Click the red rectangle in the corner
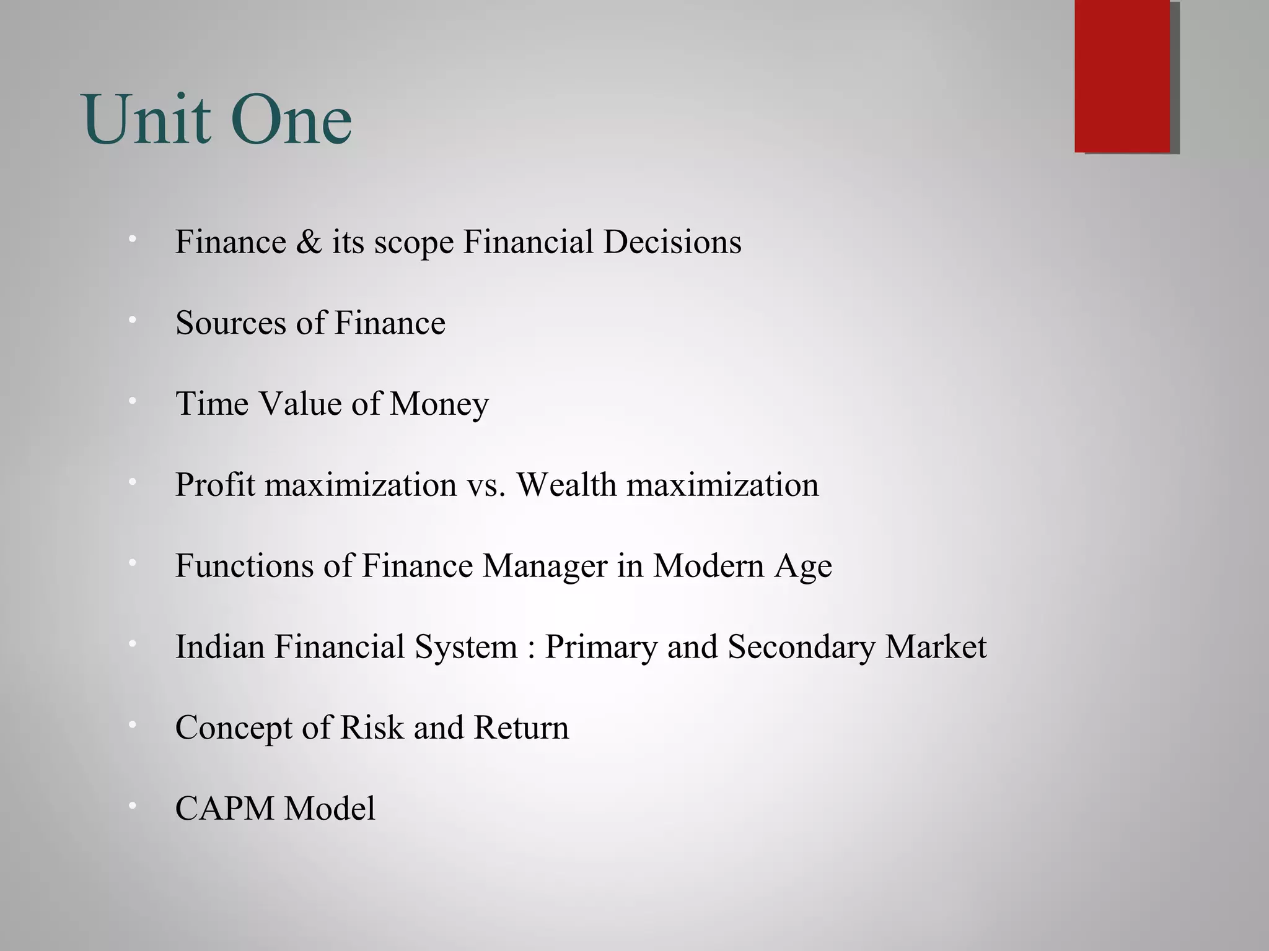pos(1123,76)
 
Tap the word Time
pos(212,404)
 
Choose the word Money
pos(439,405)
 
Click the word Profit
pos(215,485)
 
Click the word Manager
pos(545,567)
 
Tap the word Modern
pos(708,566)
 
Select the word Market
pos(936,647)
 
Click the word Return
pos(521,727)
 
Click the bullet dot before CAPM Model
pos(132,806)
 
